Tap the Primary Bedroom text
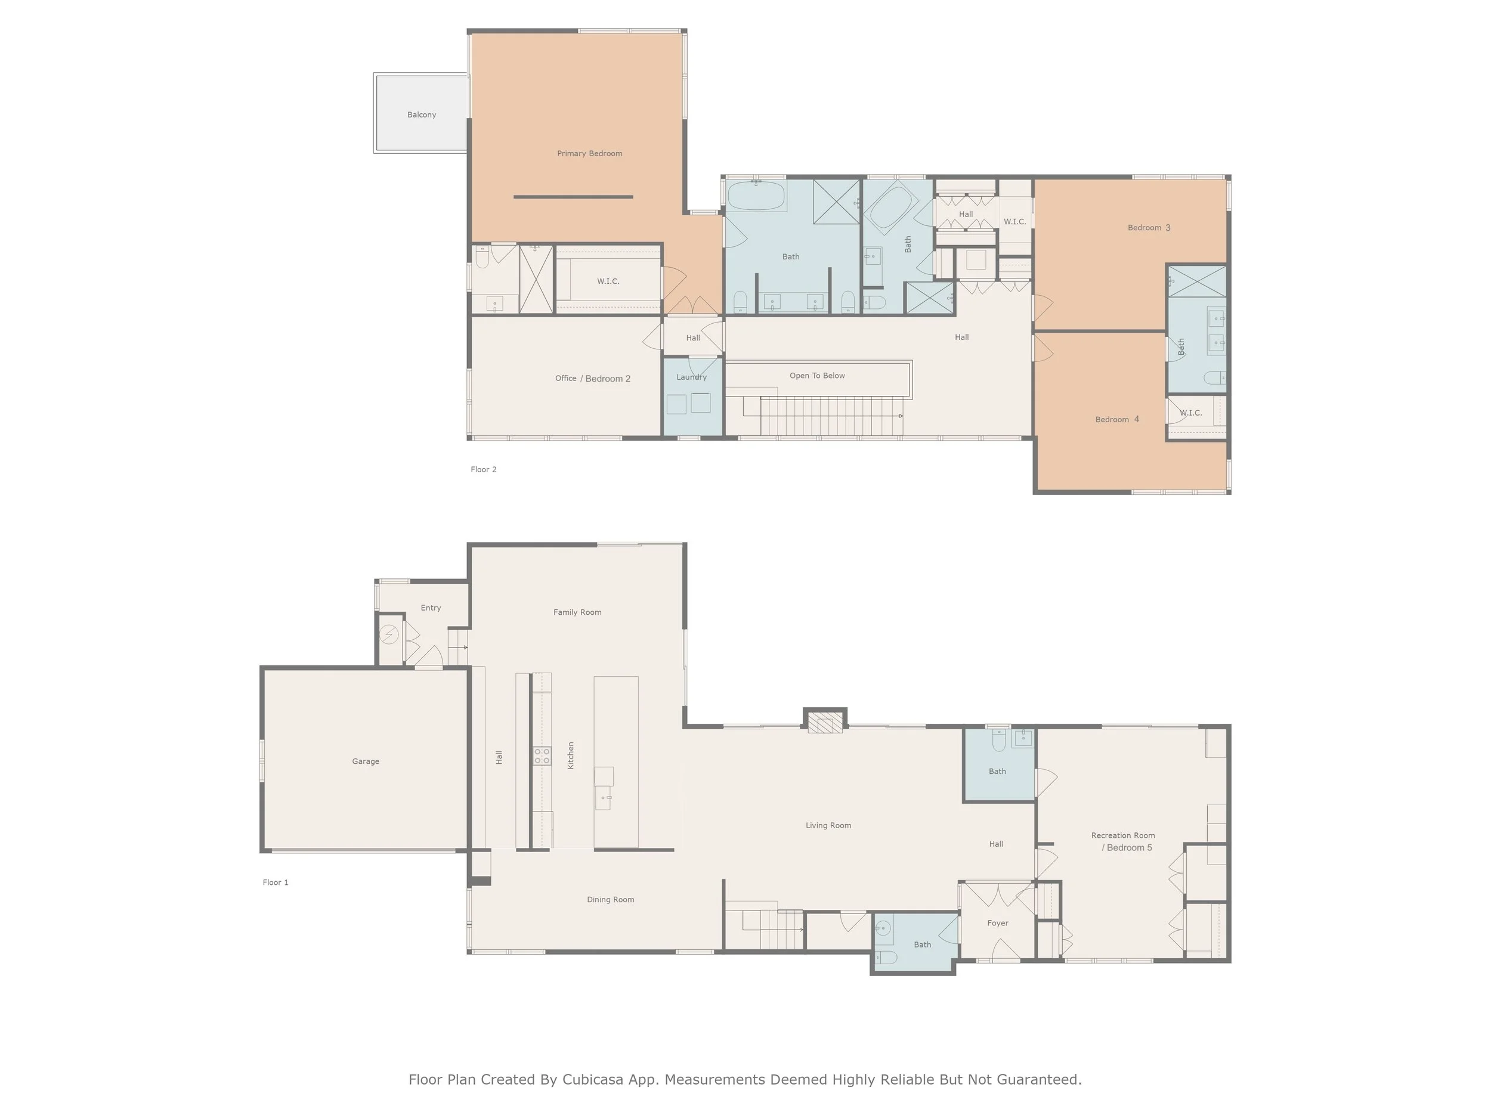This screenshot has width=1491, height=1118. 589,154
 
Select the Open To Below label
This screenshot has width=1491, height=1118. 817,376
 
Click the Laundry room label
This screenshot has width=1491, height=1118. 692,377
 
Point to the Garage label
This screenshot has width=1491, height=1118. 366,761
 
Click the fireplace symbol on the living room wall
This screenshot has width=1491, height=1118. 824,724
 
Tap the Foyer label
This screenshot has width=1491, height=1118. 998,922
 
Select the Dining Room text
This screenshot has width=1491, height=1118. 610,899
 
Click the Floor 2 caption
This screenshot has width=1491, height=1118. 483,469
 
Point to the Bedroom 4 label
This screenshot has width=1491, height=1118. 1117,419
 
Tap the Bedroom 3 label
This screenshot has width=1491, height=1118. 1149,227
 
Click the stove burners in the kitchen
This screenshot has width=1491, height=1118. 542,755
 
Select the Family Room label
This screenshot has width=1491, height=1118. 577,612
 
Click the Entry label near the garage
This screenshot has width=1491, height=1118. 431,607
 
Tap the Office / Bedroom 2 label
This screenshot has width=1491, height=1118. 592,378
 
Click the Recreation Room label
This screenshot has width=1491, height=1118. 1123,835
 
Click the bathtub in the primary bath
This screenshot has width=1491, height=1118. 756,196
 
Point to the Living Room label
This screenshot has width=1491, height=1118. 828,825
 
